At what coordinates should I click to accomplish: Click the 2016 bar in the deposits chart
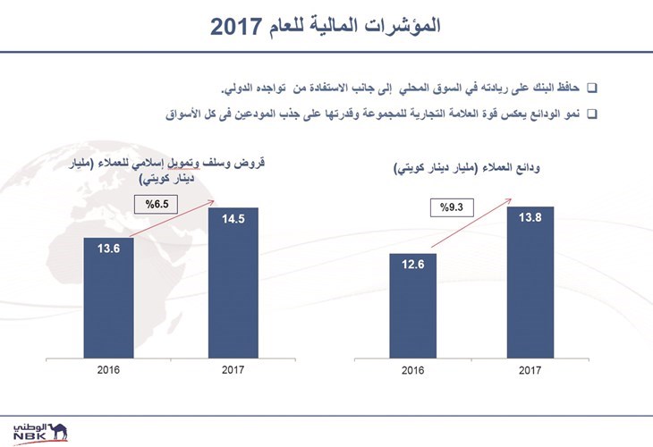412,306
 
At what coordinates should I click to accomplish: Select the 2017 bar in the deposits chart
530,283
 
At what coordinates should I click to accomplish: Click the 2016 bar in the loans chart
109,298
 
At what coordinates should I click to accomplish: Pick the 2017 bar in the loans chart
233,283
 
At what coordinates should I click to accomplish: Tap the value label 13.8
530,217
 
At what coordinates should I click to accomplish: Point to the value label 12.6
412,265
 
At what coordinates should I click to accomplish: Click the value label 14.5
233,218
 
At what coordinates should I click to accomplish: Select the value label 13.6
109,249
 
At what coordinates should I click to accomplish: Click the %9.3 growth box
452,207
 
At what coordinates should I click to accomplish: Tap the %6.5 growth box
157,205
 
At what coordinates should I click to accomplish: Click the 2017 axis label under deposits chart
530,370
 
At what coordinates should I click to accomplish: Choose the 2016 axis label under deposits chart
412,370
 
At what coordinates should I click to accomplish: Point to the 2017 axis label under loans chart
233,369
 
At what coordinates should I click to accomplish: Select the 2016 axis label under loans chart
108,369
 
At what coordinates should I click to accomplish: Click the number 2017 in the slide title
235,27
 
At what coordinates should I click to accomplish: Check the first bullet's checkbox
592,89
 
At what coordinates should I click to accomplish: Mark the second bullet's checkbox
592,114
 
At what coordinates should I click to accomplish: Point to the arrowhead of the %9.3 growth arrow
510,200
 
